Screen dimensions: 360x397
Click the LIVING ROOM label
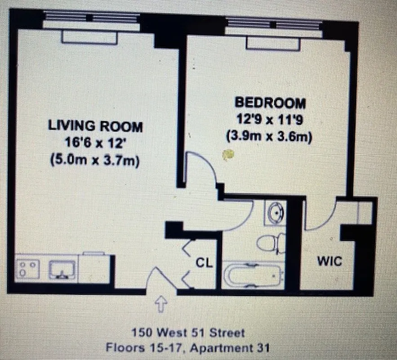pyautogui.click(x=95, y=126)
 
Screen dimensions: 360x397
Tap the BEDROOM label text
pyautogui.click(x=270, y=103)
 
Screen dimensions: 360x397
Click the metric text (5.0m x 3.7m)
pyautogui.click(x=95, y=160)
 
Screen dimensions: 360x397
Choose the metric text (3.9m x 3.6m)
pyautogui.click(x=270, y=136)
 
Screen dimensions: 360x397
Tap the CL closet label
pyautogui.click(x=204, y=262)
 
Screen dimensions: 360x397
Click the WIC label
pyautogui.click(x=330, y=261)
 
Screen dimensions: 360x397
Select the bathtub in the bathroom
pyautogui.click(x=254, y=275)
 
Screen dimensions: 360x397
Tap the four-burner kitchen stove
pyautogui.click(x=28, y=270)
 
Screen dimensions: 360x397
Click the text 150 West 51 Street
pyautogui.click(x=188, y=333)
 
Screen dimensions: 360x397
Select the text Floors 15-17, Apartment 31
pyautogui.click(x=188, y=348)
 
